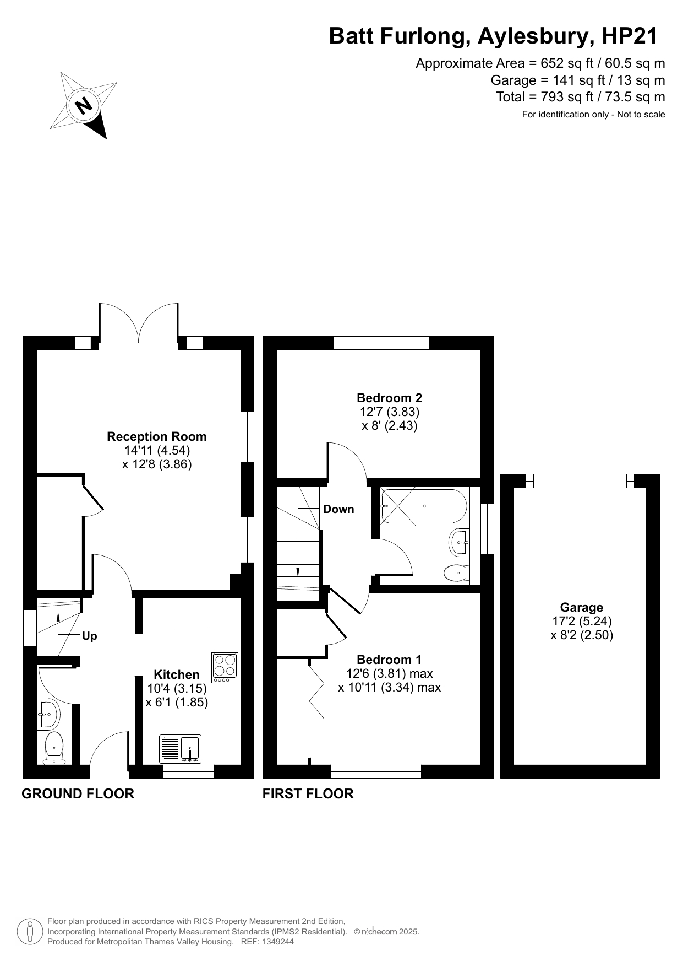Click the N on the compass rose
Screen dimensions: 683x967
click(x=84, y=105)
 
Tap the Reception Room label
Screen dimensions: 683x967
click(x=157, y=436)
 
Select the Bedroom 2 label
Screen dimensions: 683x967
click(x=390, y=398)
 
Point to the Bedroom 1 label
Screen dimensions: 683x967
click(x=389, y=660)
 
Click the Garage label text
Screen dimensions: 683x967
click(x=582, y=607)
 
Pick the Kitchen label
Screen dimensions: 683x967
click(x=177, y=674)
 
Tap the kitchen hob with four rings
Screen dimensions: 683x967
click(x=225, y=668)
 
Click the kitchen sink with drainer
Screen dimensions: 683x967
click(x=181, y=749)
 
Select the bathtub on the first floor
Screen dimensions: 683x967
click(x=424, y=506)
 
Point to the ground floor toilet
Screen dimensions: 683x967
click(x=54, y=748)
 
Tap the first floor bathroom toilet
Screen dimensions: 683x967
click(x=457, y=573)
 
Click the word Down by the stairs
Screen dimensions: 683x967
click(x=338, y=509)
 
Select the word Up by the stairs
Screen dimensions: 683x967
click(x=89, y=636)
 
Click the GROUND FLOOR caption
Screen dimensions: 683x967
click(x=78, y=793)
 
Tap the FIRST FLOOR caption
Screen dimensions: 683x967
click(x=308, y=793)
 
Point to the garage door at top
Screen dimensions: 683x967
click(x=580, y=481)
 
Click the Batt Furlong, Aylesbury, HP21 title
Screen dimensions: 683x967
click(x=493, y=36)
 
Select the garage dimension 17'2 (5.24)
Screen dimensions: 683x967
click(x=582, y=621)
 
